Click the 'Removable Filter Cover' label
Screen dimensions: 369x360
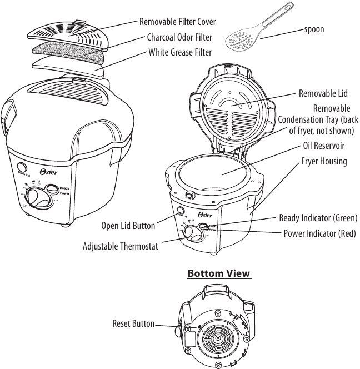pos(177,22)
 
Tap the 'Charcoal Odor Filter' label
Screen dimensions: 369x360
pos(179,38)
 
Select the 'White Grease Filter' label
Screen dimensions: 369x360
pos(179,53)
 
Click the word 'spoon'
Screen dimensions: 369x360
pos(314,29)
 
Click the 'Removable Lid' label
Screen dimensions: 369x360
pos(323,93)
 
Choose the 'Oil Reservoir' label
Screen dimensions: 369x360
pos(323,146)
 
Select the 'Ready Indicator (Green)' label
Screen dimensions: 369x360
pos(318,218)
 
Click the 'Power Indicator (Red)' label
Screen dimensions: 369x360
pos(319,233)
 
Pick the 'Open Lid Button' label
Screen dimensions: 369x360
pos(128,226)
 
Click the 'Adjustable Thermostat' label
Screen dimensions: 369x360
pos(120,246)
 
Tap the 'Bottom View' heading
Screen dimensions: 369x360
pos(219,273)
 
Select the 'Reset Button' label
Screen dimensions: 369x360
pos(133,323)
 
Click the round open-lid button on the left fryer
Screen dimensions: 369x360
pos(23,167)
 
